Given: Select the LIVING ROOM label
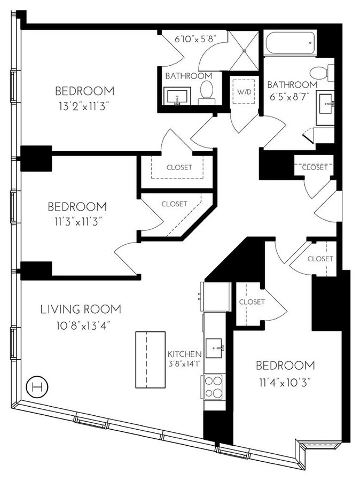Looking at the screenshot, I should (81, 309).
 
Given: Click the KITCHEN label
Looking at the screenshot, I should (184, 354).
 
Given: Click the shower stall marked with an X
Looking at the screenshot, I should (244, 51).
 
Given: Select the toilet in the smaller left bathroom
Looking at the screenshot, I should (206, 92).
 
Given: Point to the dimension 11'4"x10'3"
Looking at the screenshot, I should (284, 382).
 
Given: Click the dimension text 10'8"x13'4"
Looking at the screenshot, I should (81, 325).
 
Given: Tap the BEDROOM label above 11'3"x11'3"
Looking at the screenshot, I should (77, 206).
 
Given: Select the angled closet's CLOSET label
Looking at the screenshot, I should (174, 204).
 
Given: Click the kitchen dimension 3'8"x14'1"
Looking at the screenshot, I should (184, 364).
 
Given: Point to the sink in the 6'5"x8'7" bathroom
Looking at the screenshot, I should (325, 104).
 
